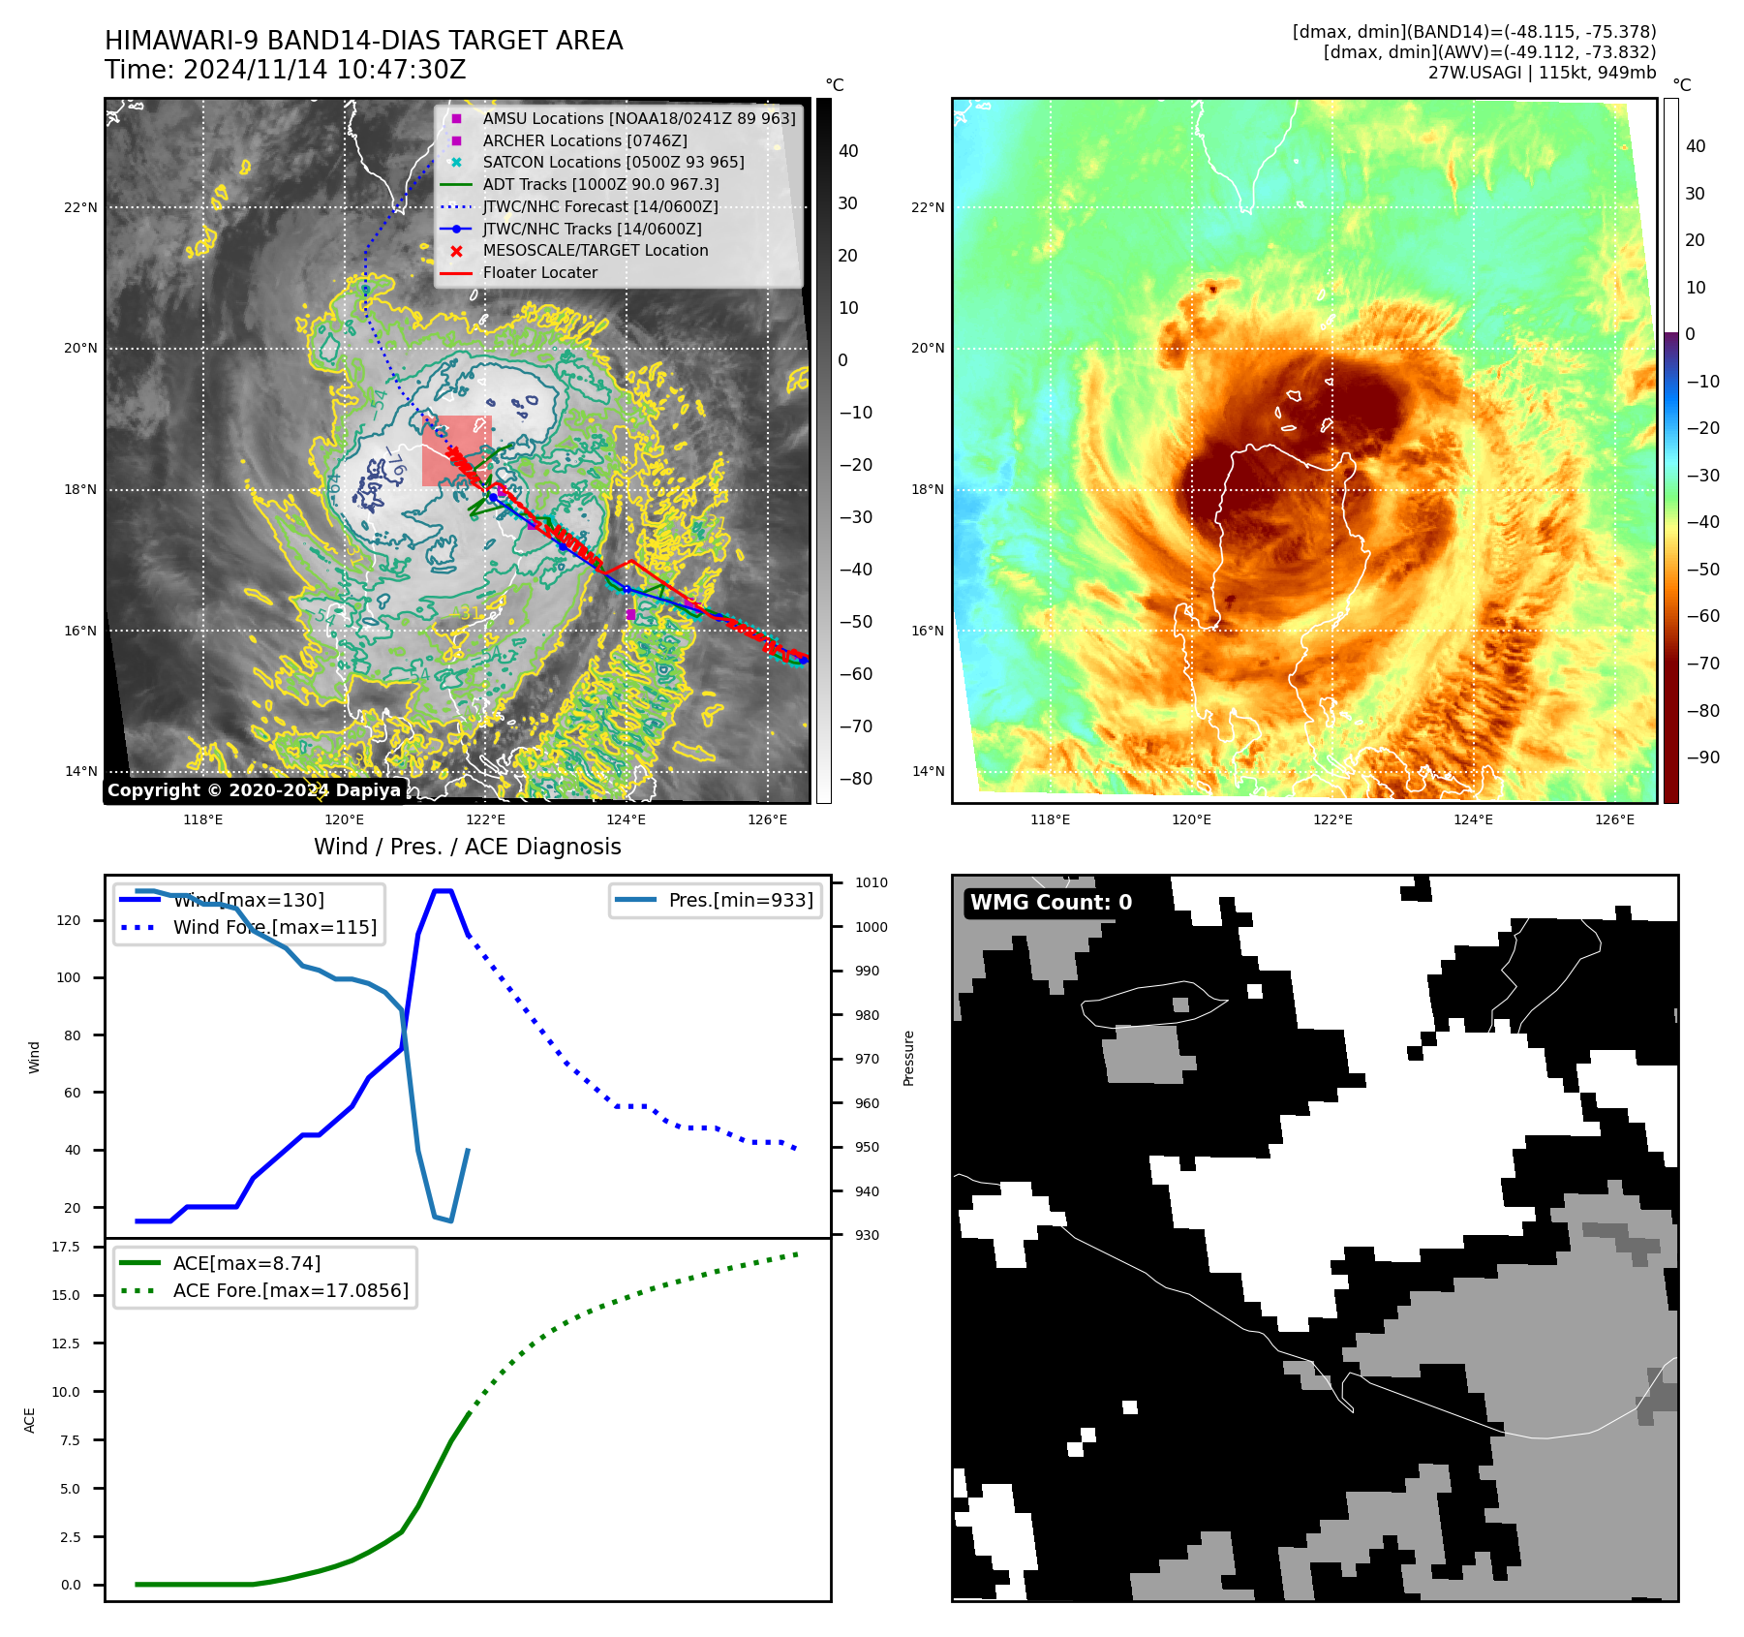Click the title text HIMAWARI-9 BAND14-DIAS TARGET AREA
363,41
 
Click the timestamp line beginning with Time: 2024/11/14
285,71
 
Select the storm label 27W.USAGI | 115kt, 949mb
1542,73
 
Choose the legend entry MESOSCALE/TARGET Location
595,250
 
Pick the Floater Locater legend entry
539,272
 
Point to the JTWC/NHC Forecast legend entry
599,206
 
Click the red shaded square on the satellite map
456,449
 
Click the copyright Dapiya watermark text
254,790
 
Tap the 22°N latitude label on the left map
80,207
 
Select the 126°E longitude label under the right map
1614,819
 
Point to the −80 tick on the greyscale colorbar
855,779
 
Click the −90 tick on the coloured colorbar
1702,757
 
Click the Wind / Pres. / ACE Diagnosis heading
467,847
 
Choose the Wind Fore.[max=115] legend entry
274,927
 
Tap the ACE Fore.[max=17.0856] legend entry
290,1290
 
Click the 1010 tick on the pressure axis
871,882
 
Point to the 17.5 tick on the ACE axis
66,1247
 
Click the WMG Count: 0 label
1051,903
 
